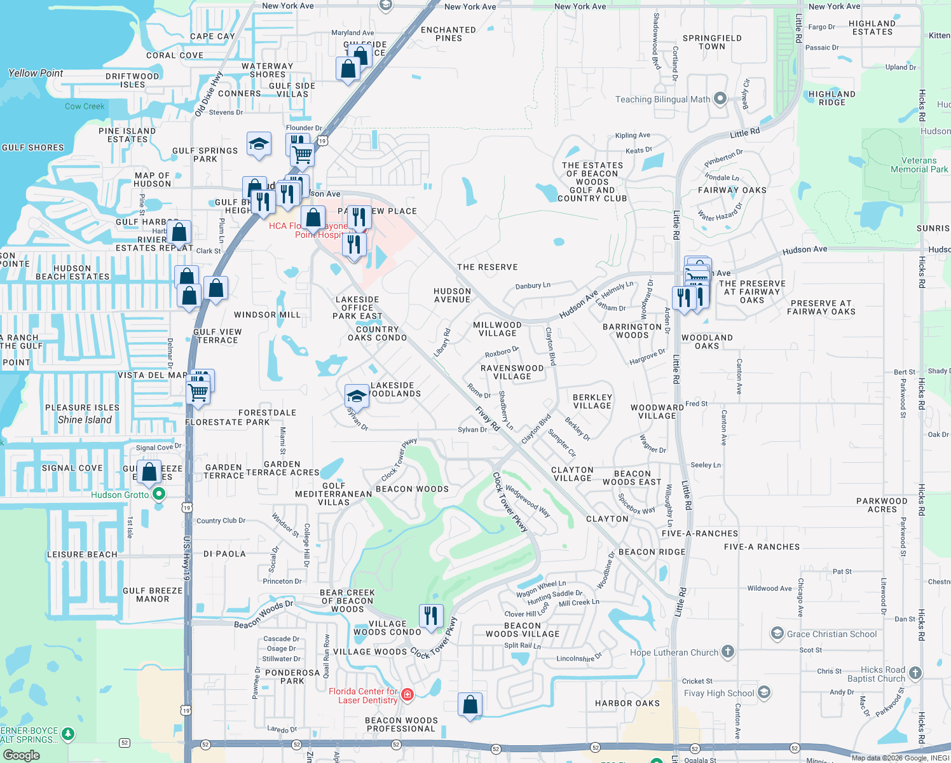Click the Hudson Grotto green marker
pos(159,494)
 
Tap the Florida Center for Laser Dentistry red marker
pos(407,695)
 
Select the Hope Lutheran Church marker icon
pos(728,652)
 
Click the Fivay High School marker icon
pos(764,692)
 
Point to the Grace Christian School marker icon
pos(777,633)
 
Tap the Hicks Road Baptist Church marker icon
pos(915,673)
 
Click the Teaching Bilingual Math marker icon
pos(720,99)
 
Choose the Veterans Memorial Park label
pos(919,165)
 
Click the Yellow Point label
pos(36,73)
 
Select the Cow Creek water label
pos(85,106)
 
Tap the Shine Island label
pos(85,420)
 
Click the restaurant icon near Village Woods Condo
pos(431,615)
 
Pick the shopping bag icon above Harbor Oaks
pos(470,705)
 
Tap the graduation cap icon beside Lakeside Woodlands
pos(357,396)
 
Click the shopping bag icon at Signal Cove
pos(149,472)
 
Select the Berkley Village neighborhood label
pos(592,401)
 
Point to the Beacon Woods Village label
pos(523,629)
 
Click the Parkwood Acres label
pos(882,505)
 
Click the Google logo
pos(22,755)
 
